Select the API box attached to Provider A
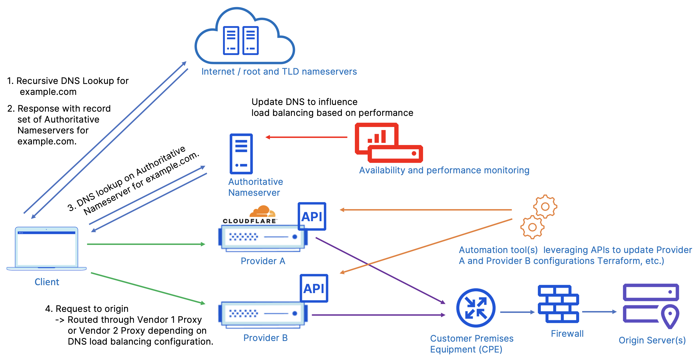[x=312, y=216]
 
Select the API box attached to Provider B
[x=314, y=288]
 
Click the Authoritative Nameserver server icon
[x=241, y=154]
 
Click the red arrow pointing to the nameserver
[x=306, y=137]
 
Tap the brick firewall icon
[x=558, y=304]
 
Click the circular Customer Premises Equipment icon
[x=476, y=308]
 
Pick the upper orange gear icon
[x=545, y=207]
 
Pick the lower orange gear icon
[x=532, y=227]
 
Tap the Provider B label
[x=265, y=338]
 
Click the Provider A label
[x=263, y=261]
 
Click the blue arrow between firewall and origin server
[x=599, y=312]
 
